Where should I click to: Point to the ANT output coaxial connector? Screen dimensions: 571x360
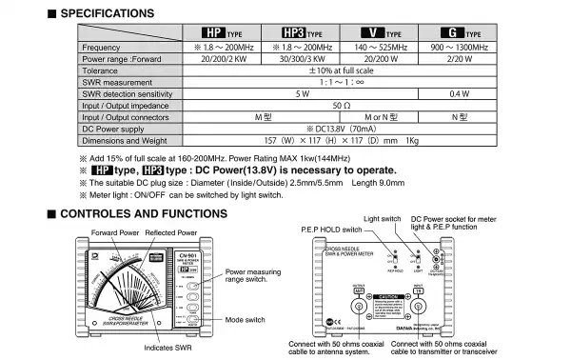[x=359, y=306]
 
